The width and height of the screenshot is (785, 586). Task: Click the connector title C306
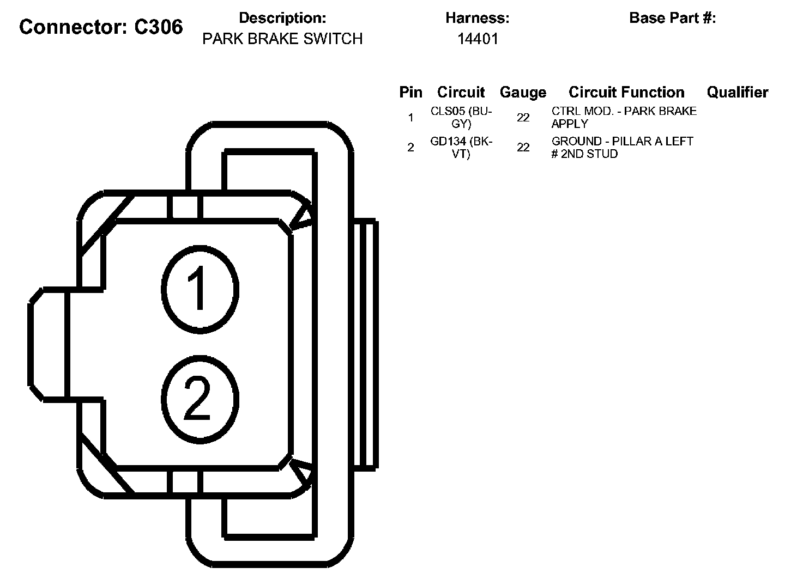pos(101,27)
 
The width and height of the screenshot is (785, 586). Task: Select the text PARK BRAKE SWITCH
pos(282,39)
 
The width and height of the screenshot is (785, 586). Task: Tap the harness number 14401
pos(478,39)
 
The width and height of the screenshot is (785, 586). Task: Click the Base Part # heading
pos(672,18)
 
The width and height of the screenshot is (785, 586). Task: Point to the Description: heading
pos(282,18)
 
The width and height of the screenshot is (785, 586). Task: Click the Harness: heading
pos(477,18)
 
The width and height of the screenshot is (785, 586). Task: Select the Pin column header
pos(410,92)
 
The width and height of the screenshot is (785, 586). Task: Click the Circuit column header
pos(461,92)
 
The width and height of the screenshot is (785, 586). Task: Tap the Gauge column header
pos(523,93)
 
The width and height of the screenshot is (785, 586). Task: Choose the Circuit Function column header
pos(626,92)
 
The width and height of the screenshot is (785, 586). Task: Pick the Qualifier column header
pos(737,92)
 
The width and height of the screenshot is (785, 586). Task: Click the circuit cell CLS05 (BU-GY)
pos(461,117)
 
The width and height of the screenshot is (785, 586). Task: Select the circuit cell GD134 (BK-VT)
pos(461,147)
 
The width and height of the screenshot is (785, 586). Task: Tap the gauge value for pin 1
pos(523,118)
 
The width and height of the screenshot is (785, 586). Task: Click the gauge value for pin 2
pos(523,148)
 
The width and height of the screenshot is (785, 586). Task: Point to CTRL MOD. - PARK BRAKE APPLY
pos(624,117)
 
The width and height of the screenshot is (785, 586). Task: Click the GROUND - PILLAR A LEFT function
pos(622,147)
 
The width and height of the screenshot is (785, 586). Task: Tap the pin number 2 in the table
pos(410,148)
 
